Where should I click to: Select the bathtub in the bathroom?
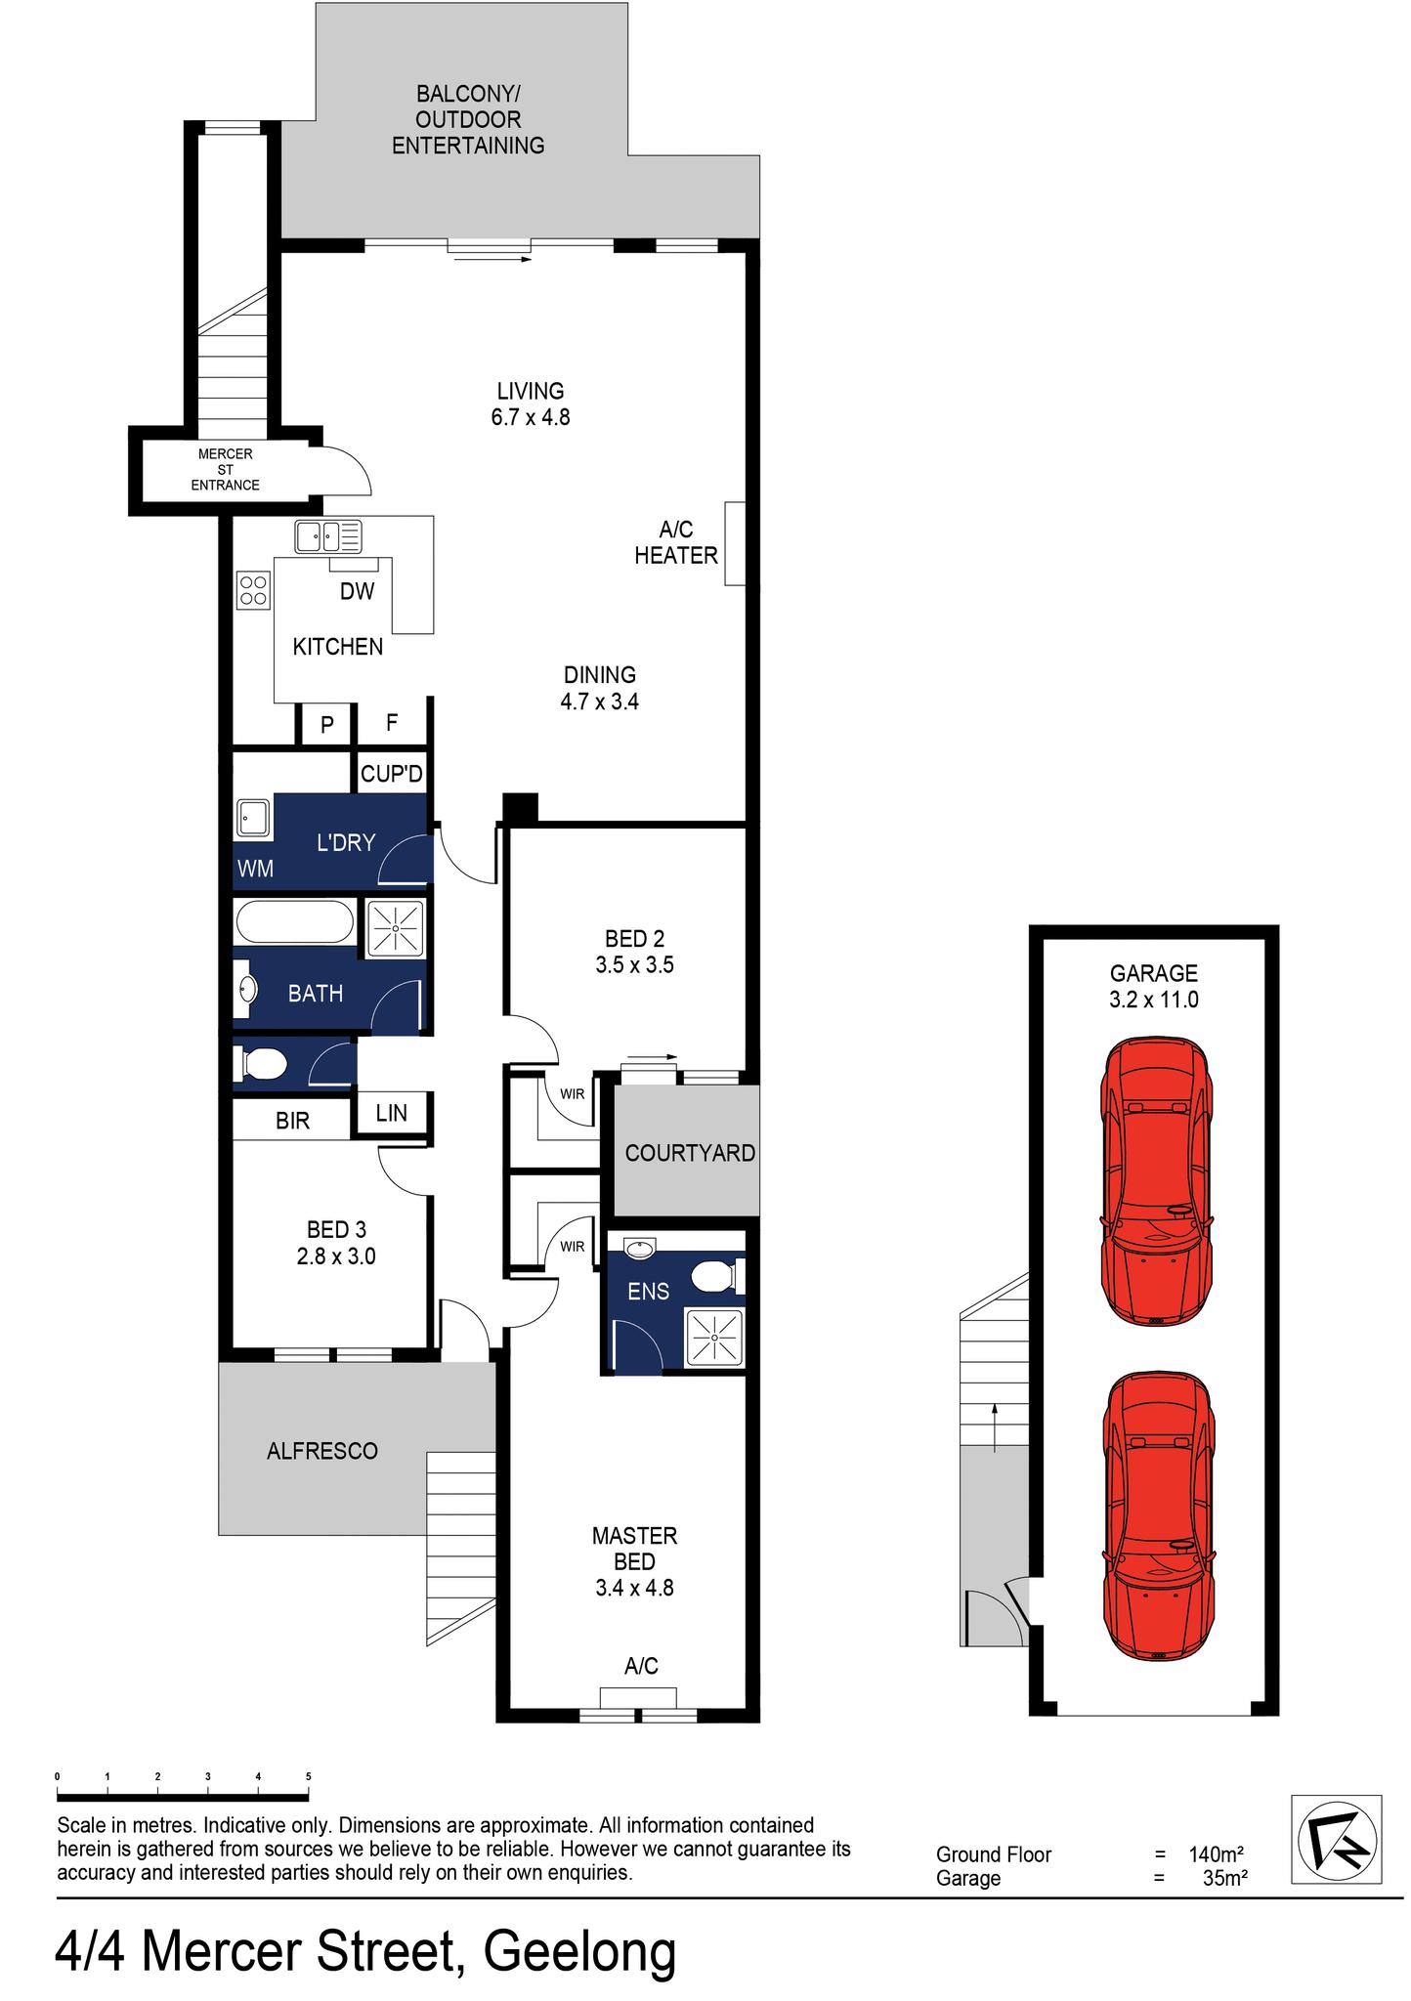pyautogui.click(x=294, y=922)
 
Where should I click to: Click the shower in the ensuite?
pyautogui.click(x=714, y=1336)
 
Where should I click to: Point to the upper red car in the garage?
pyautogui.click(x=1157, y=1180)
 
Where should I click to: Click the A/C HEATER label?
pyautogui.click(x=676, y=542)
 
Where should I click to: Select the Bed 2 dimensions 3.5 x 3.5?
pyautogui.click(x=634, y=965)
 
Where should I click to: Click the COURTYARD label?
pyautogui.click(x=690, y=1153)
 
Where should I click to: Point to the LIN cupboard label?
pyautogui.click(x=391, y=1112)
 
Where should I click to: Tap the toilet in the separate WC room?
pyautogui.click(x=260, y=1063)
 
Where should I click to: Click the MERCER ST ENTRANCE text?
pyautogui.click(x=225, y=470)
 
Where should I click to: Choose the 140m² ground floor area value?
pyautogui.click(x=1216, y=1854)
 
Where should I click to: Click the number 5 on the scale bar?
pyautogui.click(x=309, y=1777)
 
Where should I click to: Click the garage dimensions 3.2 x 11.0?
pyautogui.click(x=1153, y=1000)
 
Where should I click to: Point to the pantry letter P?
pyautogui.click(x=327, y=725)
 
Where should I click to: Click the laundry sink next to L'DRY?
pyautogui.click(x=252, y=819)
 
